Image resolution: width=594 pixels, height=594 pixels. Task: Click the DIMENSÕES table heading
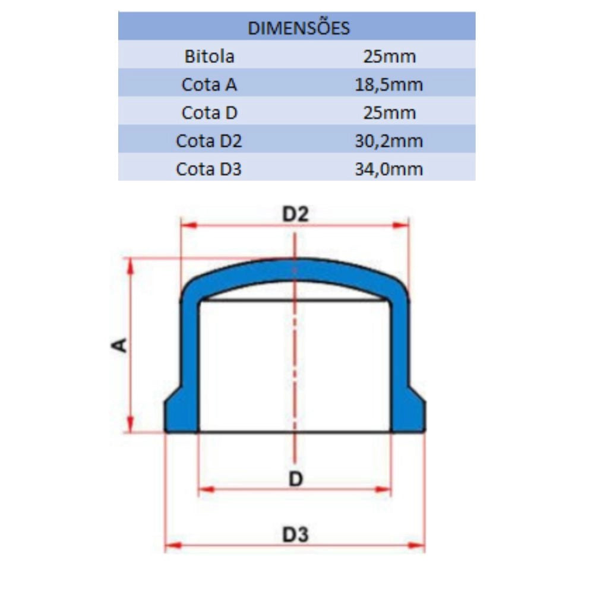click(299, 28)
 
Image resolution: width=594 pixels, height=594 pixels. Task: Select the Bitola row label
click(210, 56)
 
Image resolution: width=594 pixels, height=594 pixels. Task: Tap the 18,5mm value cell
click(389, 84)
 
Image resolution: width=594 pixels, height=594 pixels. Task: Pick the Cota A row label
click(209, 84)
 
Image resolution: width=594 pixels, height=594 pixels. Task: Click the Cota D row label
click(209, 112)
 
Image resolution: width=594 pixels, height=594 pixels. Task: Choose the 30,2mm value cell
click(389, 141)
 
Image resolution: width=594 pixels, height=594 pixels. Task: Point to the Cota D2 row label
click(208, 141)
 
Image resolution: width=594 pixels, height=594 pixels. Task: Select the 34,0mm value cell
click(389, 169)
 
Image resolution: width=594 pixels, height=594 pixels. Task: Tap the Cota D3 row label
click(208, 169)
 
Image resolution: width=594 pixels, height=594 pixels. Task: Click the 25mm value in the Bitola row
click(390, 56)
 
